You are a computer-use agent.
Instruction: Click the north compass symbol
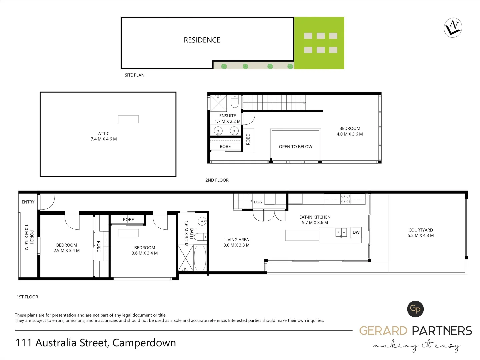point(453,28)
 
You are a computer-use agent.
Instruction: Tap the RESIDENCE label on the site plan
point(202,40)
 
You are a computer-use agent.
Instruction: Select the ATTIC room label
point(104,133)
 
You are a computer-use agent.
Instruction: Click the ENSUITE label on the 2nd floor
point(227,116)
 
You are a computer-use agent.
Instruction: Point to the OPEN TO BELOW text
point(295,147)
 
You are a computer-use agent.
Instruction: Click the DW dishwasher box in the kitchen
point(356,232)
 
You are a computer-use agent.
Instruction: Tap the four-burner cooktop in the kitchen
point(346,199)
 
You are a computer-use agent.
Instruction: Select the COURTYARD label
point(420,230)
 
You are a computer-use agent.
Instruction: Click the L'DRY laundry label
point(258,202)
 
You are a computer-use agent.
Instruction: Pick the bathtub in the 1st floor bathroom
point(200,258)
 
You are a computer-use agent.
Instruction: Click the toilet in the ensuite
point(235,102)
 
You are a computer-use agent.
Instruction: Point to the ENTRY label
point(28,202)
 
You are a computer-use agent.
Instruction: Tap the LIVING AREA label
point(236,240)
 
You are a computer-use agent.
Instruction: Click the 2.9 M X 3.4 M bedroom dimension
point(67,251)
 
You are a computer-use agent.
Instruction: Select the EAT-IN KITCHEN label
point(315,217)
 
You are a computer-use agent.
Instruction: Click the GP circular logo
point(415,309)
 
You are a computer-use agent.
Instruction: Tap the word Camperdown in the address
point(144,343)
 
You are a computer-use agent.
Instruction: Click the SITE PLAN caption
point(134,75)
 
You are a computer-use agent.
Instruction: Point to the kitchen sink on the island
point(341,232)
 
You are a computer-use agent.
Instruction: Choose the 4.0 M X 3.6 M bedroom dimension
point(350,134)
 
